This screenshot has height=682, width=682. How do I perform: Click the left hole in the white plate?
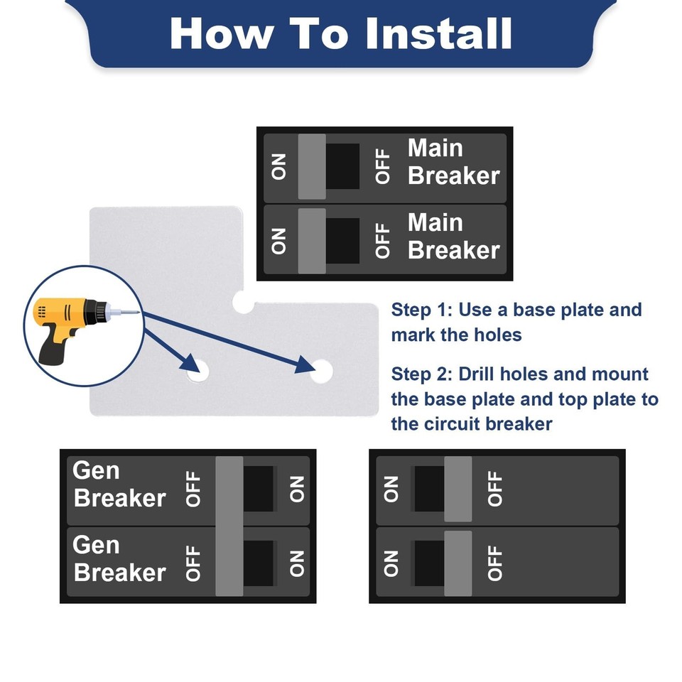(196, 370)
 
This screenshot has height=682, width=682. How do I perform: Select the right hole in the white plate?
(321, 370)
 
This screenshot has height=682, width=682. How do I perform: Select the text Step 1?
(421, 310)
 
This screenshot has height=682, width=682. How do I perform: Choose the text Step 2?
(421, 374)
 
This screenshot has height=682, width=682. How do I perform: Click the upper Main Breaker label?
(453, 162)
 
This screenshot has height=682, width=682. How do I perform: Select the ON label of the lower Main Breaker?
(279, 242)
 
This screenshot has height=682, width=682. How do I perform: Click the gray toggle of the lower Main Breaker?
(312, 241)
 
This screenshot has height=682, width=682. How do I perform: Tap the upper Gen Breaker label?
(119, 485)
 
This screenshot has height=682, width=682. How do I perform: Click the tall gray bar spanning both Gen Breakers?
(229, 526)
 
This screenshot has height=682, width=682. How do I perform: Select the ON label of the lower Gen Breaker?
(297, 563)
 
